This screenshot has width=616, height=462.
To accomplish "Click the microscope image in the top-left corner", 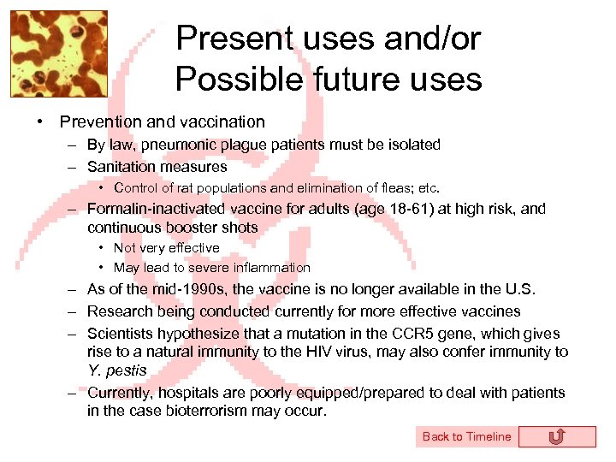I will [x=58, y=54].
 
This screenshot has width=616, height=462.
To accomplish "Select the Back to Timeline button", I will [x=466, y=436].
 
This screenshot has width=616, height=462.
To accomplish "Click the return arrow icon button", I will [x=556, y=437].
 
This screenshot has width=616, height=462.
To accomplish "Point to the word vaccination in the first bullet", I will [x=223, y=122].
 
